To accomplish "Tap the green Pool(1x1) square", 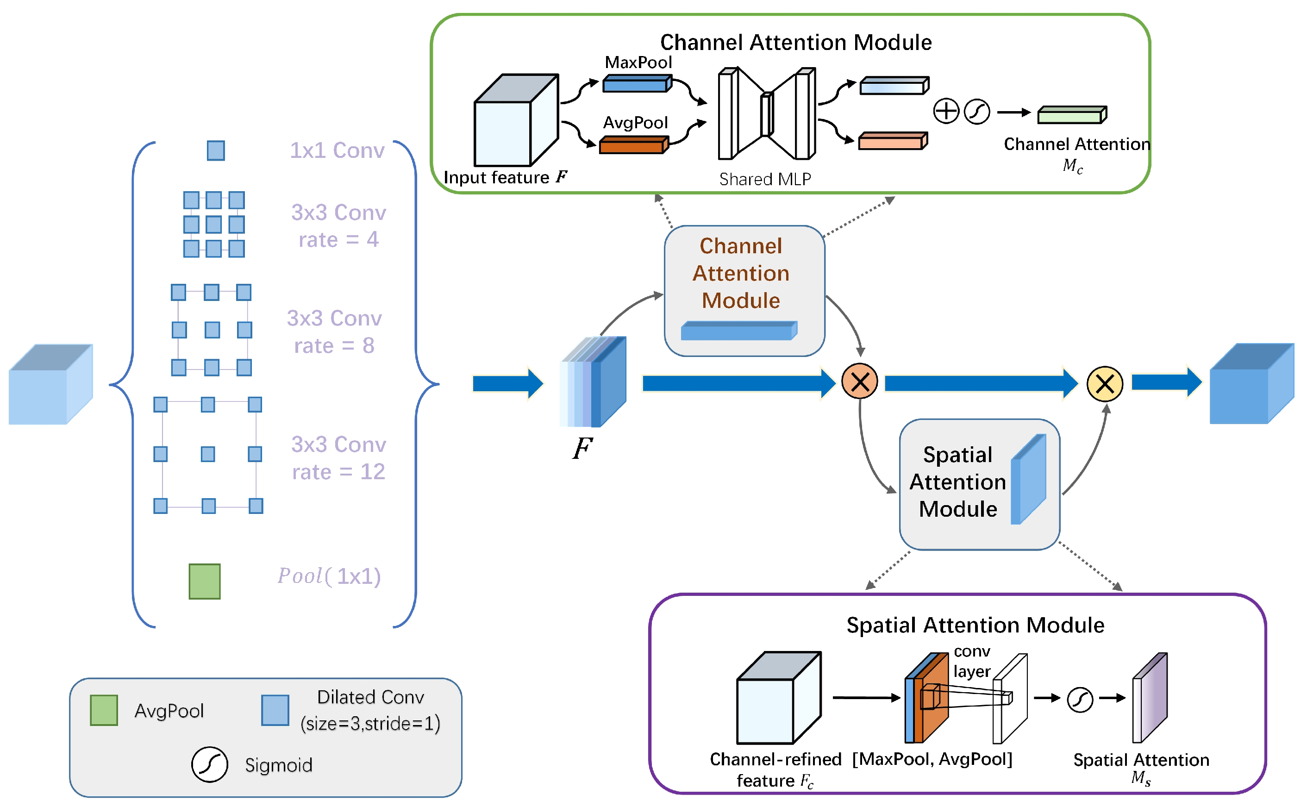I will tap(204, 581).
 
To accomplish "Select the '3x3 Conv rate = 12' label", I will tap(338, 458).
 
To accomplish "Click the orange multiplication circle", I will tap(859, 382).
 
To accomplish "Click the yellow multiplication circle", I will tap(1104, 383).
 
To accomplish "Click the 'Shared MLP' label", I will tap(765, 179).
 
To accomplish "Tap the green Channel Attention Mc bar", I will tap(1072, 115).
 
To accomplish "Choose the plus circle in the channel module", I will tap(946, 112).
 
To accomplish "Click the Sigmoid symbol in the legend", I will tap(209, 764).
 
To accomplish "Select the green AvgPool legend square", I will tap(104, 710).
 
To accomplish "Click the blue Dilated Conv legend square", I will tap(275, 710).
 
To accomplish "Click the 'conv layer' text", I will tap(971, 661).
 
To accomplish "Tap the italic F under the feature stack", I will tap(582, 448).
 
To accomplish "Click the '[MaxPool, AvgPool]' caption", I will tap(932, 758).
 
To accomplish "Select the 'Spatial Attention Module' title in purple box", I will tap(975, 625).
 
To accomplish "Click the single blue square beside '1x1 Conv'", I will tap(216, 150).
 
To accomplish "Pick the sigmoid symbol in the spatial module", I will tap(1080, 699).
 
